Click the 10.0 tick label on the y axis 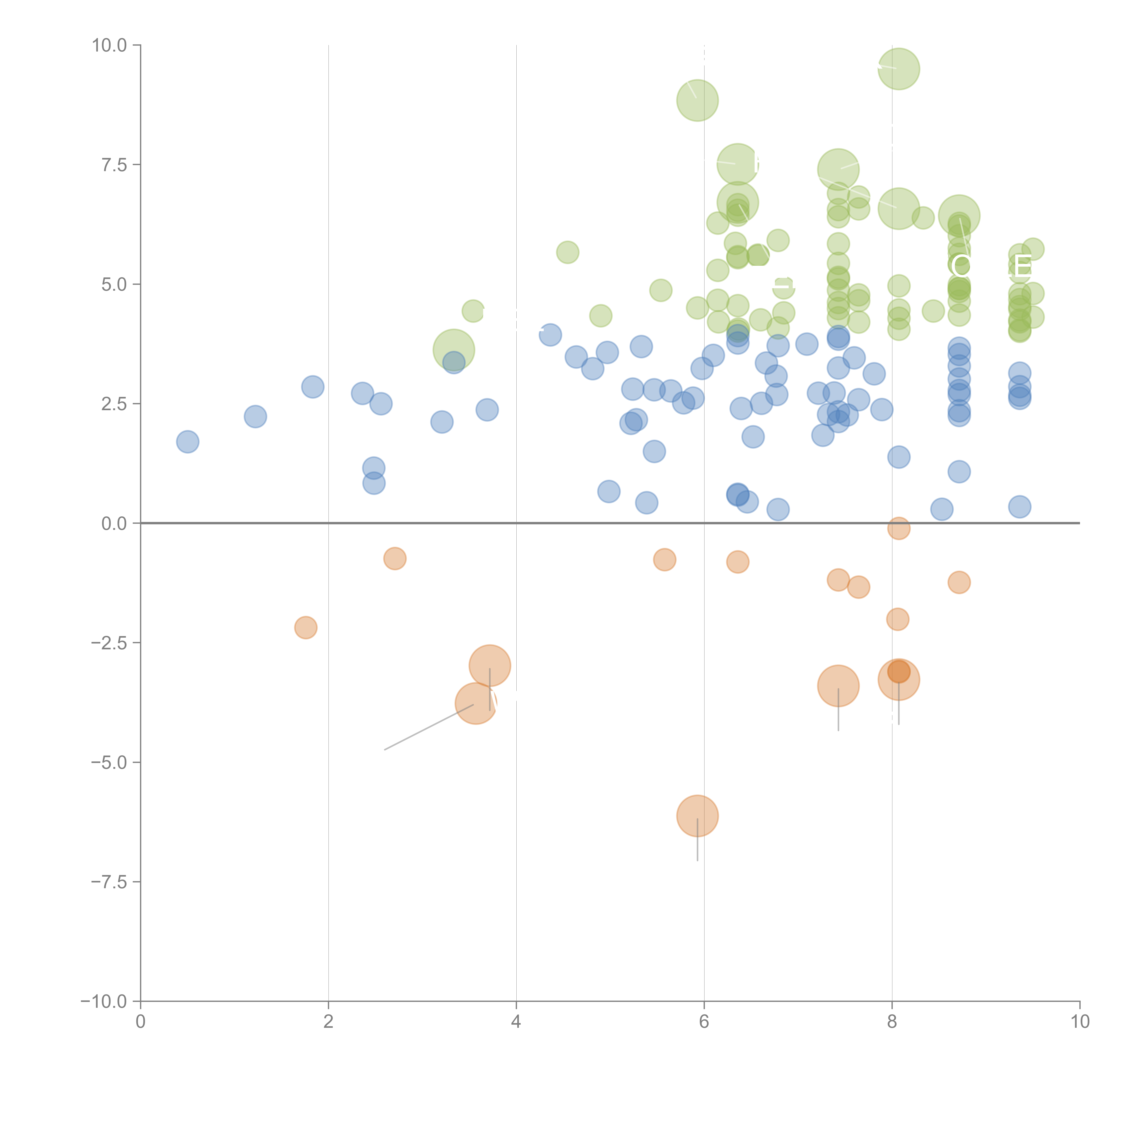110,45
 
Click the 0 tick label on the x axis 140,1022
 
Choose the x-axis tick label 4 516,1022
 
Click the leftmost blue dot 187,442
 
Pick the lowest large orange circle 697,816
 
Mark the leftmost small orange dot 306,628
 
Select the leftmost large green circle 454,350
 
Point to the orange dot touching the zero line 898,528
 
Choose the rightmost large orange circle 898,679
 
